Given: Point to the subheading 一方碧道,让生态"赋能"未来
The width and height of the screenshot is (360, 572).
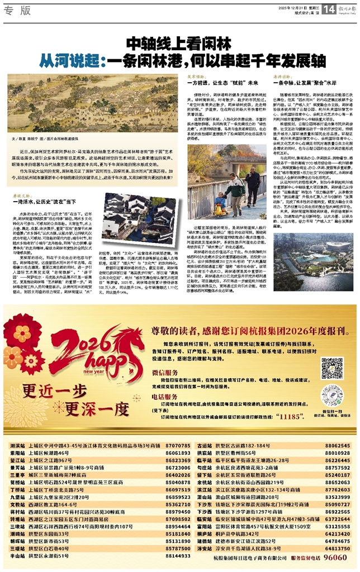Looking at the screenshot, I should (x=216, y=82).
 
